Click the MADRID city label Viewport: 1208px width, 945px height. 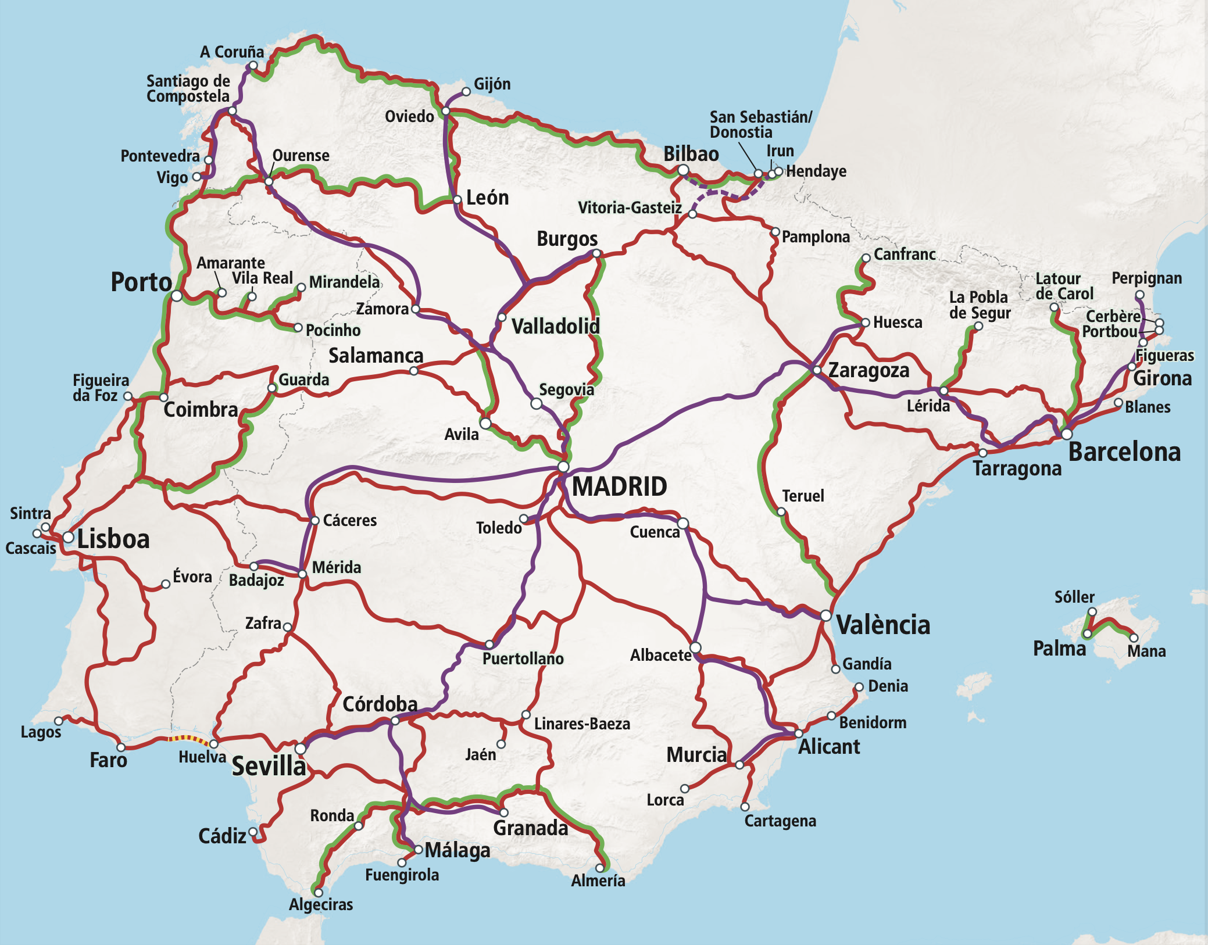619,487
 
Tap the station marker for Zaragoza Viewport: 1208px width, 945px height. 817,370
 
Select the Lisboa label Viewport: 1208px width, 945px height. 113,539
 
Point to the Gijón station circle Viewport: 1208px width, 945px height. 466,91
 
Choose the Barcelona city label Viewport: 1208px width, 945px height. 1124,452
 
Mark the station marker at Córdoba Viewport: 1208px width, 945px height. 395,721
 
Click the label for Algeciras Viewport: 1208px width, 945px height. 321,904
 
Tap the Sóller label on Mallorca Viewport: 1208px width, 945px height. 1074,597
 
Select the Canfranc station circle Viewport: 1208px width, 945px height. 866,258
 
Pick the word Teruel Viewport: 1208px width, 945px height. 803,496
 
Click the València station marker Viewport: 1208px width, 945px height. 825,615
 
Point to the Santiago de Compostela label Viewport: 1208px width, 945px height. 188,88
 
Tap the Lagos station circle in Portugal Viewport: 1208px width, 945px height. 59,721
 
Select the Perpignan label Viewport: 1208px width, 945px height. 1146,278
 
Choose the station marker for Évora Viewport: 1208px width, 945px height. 166,584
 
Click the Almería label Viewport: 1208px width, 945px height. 598,881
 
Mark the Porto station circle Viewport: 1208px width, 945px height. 177,296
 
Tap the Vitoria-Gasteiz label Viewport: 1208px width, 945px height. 630,207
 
